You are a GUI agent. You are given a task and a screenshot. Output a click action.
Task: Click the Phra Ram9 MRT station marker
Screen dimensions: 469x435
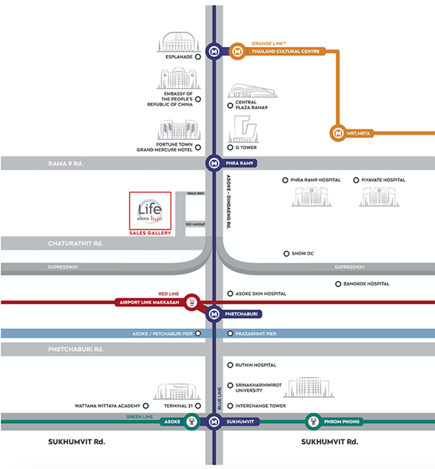pyautogui.click(x=214, y=162)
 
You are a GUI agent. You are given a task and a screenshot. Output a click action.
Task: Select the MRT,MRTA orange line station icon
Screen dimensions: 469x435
pyautogui.click(x=338, y=133)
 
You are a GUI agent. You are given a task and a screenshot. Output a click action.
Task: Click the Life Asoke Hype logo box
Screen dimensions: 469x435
pyautogui.click(x=150, y=210)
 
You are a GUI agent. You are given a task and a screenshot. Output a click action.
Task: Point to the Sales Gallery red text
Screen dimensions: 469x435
pyautogui.click(x=150, y=233)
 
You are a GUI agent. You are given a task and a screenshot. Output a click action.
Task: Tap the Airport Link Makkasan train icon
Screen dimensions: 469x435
pyautogui.click(x=191, y=303)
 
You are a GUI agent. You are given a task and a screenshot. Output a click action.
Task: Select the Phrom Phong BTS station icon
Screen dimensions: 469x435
pyautogui.click(x=313, y=421)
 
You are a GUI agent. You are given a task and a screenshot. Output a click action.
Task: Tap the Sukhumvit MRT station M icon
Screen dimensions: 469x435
pyautogui.click(x=214, y=421)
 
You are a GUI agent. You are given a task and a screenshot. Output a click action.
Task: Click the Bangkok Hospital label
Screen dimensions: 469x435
pyautogui.click(x=367, y=284)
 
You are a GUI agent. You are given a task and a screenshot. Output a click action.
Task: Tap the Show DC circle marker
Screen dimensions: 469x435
pyautogui.click(x=286, y=254)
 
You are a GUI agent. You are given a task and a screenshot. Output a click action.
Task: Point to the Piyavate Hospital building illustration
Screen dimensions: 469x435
pyautogui.click(x=379, y=196)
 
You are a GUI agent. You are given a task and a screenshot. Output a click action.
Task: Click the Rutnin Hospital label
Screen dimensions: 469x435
pyautogui.click(x=255, y=365)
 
